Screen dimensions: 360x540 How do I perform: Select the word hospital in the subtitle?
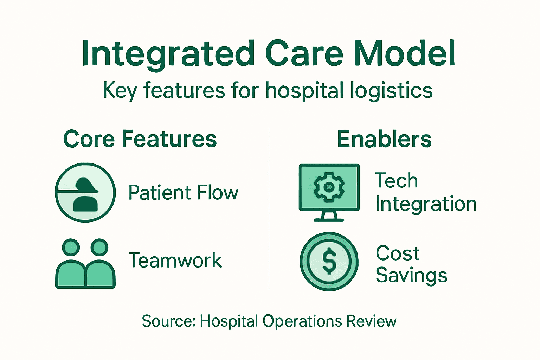coord(304,90)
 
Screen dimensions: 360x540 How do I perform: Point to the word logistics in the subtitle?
coord(391,90)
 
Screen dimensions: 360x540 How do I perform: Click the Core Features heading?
coord(140,139)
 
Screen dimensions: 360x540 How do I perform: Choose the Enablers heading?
coord(384,139)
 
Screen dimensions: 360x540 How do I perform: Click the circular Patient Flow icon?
coord(85,193)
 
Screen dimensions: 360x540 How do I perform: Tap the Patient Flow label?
coord(183,193)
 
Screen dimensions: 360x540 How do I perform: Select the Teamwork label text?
coord(175,261)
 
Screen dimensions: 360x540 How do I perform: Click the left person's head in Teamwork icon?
coord(71,247)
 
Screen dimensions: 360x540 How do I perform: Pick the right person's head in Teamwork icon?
coord(99,247)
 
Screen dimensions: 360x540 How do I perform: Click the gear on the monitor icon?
coord(329,187)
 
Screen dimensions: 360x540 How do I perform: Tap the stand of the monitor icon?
coord(329,216)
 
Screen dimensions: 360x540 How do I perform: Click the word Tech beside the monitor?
coord(397,180)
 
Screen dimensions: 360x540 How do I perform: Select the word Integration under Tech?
coord(426,204)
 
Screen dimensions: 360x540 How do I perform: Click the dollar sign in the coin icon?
coord(329,261)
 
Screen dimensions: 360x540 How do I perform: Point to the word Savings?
coord(411,275)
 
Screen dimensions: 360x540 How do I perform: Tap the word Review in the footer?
coord(371,321)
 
